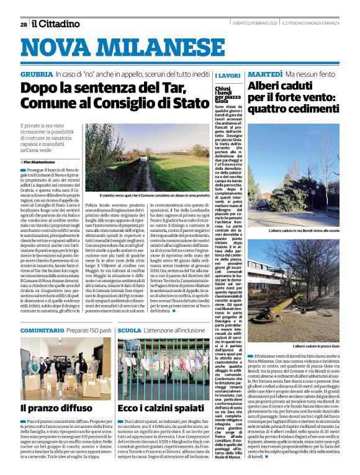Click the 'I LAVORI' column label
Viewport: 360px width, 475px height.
tap(227, 75)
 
